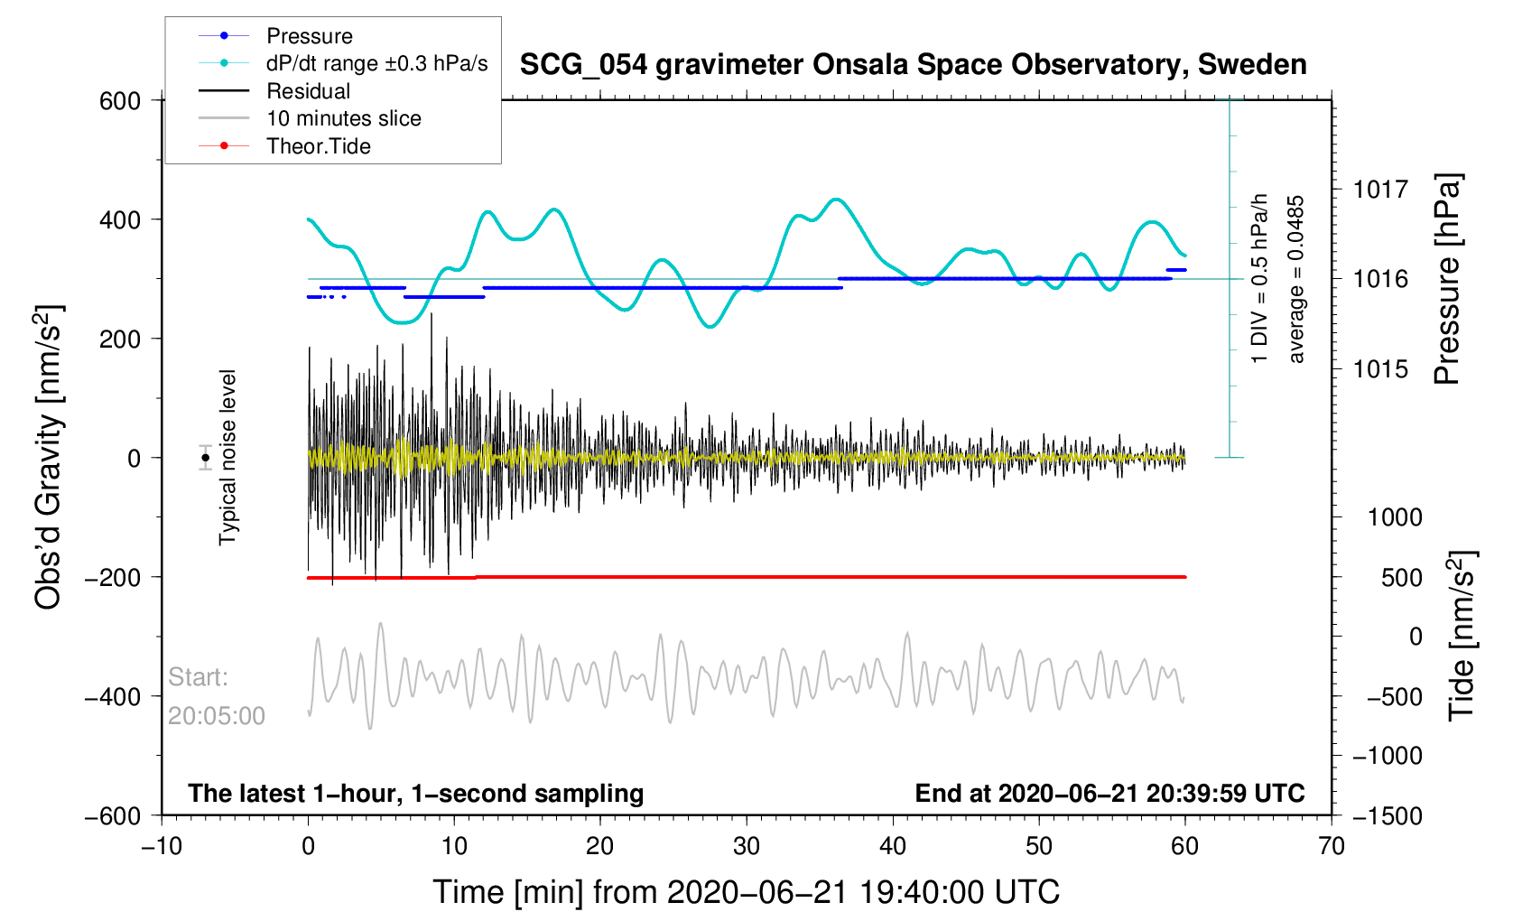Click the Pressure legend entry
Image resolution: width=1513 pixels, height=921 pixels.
tap(309, 36)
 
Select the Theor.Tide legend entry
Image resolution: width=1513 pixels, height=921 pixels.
tap(318, 146)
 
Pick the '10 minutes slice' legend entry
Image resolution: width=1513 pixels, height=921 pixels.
tap(343, 118)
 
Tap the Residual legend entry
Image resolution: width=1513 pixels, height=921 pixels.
tap(308, 91)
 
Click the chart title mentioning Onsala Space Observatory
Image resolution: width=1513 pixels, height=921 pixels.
tap(913, 65)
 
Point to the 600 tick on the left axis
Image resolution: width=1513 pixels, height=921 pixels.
tap(120, 101)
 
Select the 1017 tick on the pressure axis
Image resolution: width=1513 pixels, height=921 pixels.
tap(1380, 190)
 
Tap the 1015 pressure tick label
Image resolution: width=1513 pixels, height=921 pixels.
tap(1380, 369)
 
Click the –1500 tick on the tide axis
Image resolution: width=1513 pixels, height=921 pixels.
tap(1387, 816)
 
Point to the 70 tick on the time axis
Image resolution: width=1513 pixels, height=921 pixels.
tap(1331, 846)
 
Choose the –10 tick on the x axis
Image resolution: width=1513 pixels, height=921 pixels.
tap(162, 846)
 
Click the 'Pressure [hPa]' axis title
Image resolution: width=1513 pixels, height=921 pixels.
tap(1447, 280)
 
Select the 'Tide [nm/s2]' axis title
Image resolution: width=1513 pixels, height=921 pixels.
tap(1462, 636)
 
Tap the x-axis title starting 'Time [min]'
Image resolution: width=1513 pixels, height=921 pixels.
tap(746, 892)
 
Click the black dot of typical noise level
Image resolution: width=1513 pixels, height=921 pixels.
tap(206, 458)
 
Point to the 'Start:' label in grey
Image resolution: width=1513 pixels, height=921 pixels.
tap(198, 677)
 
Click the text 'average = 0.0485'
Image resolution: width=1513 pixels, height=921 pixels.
tap(1296, 279)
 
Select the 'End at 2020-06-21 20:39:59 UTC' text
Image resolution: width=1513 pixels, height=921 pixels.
tap(1109, 794)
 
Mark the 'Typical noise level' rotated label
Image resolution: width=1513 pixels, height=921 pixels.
tap(227, 458)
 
